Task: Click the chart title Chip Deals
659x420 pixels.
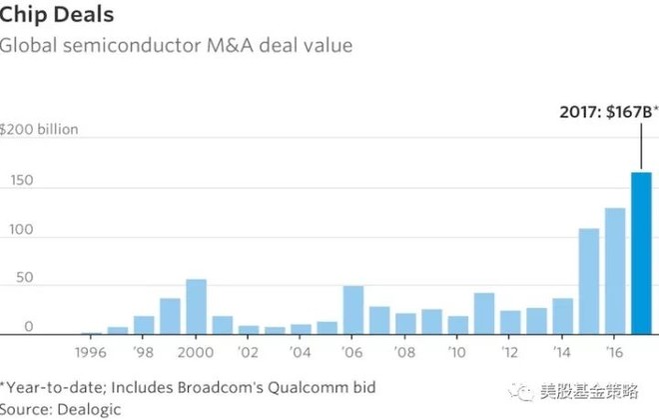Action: (x=56, y=15)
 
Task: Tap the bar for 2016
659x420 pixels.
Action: (x=614, y=271)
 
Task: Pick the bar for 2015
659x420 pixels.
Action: (x=589, y=281)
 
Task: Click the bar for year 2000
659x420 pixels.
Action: (x=196, y=306)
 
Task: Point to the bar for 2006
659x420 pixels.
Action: (x=352, y=310)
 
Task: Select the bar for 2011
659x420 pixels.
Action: (x=484, y=313)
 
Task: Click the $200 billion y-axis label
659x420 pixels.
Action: (x=39, y=131)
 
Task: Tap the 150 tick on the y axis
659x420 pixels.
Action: (x=21, y=180)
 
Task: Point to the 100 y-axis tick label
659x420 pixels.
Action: (x=21, y=229)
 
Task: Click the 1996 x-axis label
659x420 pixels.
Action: (x=92, y=352)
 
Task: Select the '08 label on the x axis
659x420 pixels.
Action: (x=403, y=352)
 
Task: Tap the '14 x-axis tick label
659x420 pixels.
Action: (x=560, y=352)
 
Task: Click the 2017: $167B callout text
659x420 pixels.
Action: (x=599, y=113)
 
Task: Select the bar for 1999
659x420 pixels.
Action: (x=170, y=316)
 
